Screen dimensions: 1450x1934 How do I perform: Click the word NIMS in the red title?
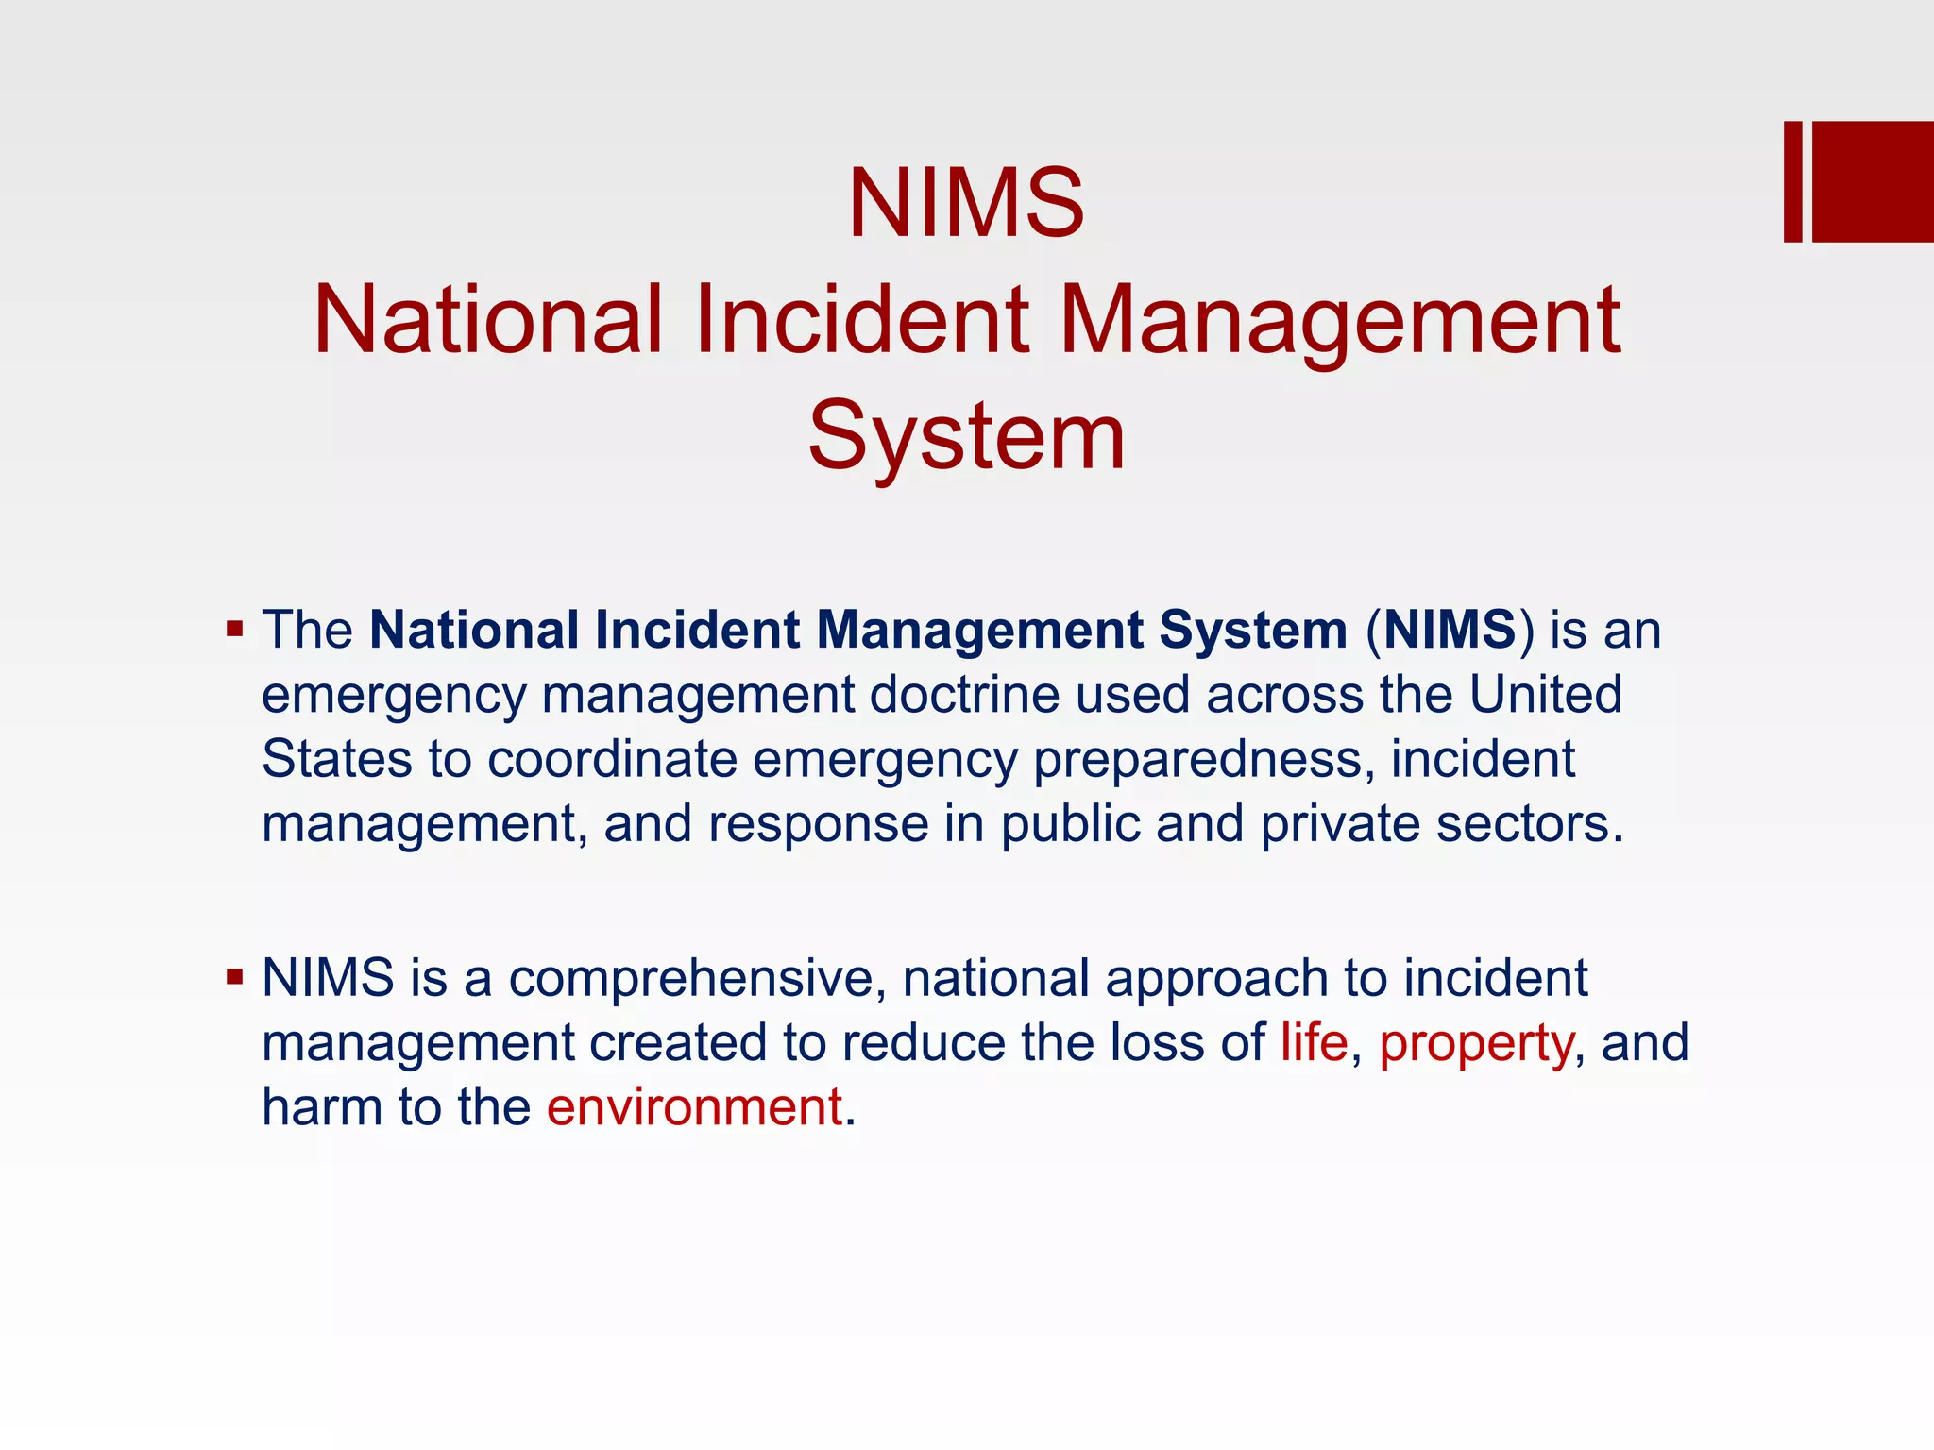(966, 203)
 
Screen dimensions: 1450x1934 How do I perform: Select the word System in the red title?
(966, 436)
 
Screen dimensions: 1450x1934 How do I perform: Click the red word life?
(1314, 1042)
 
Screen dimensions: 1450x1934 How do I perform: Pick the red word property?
(1476, 1044)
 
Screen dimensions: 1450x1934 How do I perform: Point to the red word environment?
(694, 1106)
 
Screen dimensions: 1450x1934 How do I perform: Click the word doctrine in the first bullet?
(965, 695)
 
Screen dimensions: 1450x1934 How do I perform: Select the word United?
(1545, 695)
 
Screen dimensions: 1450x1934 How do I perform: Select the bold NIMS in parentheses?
(1450, 630)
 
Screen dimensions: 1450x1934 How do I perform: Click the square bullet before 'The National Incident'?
(235, 629)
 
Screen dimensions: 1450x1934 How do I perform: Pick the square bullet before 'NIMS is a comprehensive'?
(235, 976)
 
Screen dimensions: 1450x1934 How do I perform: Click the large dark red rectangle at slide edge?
(1873, 181)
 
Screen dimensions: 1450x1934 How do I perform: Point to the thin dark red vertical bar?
(1792, 181)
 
